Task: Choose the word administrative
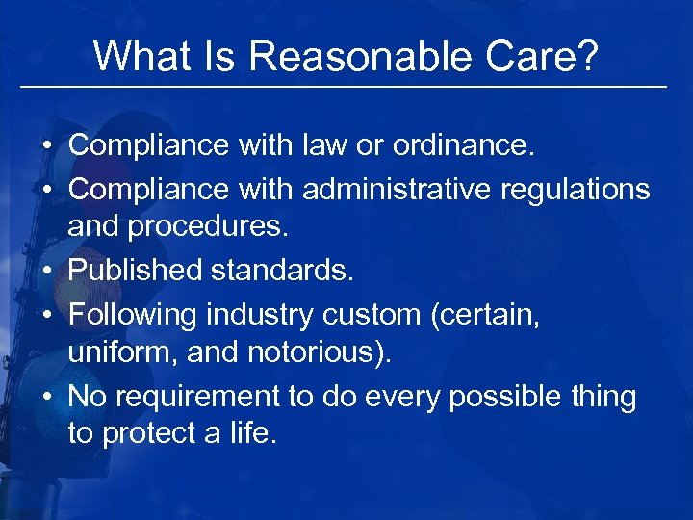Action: tap(395, 190)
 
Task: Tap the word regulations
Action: tap(574, 190)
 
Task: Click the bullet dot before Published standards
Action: tap(46, 272)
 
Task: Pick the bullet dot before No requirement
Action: tap(46, 397)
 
